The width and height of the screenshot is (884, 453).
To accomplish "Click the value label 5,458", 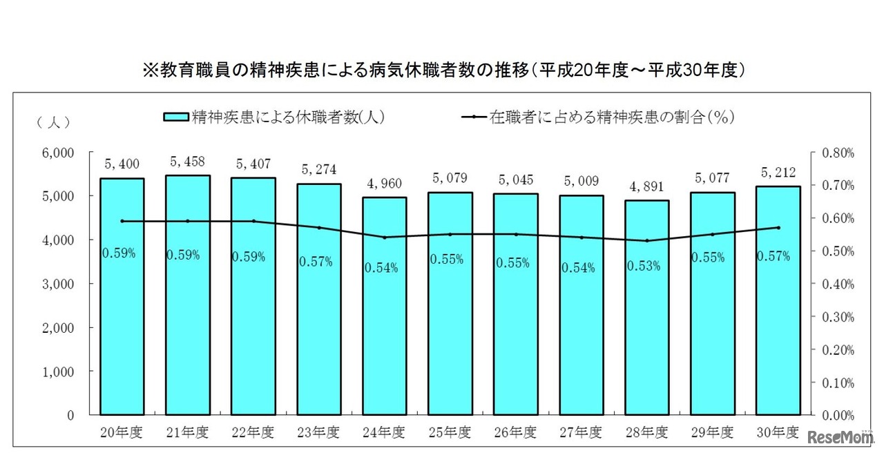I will [x=188, y=163].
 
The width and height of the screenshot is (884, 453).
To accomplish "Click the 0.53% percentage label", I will [x=647, y=265].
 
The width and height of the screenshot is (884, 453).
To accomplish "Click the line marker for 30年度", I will [x=778, y=227].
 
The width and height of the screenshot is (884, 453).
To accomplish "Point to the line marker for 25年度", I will [x=450, y=234].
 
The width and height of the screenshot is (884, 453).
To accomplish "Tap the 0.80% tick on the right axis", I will [x=837, y=153].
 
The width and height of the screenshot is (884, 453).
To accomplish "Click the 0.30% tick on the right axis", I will [x=837, y=317].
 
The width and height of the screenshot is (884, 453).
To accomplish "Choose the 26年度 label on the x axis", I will [x=516, y=433].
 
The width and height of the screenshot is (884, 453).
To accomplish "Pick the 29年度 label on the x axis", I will [x=713, y=433].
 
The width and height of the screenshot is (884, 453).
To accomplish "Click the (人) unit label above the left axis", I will [x=53, y=122].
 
